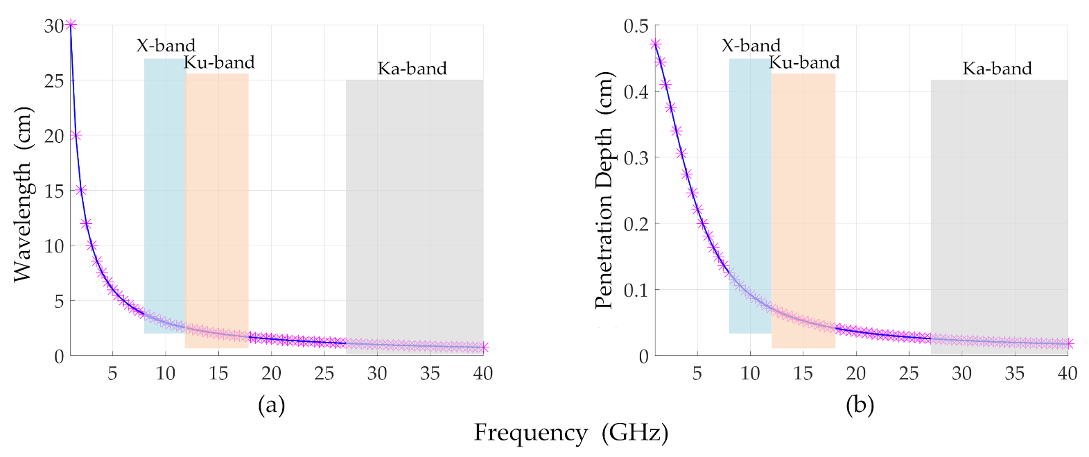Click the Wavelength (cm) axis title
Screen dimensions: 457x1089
(24, 193)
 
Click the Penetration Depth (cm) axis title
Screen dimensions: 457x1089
(604, 190)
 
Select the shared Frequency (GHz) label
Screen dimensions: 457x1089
(570, 433)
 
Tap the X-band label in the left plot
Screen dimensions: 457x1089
(166, 46)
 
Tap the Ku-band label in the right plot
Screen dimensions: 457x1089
(804, 62)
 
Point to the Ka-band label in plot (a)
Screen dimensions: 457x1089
(412, 69)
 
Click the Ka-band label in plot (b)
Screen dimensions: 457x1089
(997, 69)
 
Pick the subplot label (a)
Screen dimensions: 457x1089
(271, 404)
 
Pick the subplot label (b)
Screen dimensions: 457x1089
(860, 404)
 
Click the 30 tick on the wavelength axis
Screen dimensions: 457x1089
(54, 26)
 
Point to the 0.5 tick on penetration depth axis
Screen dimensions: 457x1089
(636, 26)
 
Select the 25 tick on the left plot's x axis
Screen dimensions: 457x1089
(324, 374)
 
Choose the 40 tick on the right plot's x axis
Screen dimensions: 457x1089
(1067, 374)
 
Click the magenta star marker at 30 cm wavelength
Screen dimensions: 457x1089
(71, 25)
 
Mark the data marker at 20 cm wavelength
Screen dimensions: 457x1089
(76, 135)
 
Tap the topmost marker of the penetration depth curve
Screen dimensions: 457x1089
(655, 44)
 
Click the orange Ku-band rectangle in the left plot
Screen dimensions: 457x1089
(217, 208)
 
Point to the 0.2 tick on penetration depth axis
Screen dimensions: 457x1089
(636, 224)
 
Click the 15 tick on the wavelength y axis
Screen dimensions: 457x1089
(54, 191)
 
